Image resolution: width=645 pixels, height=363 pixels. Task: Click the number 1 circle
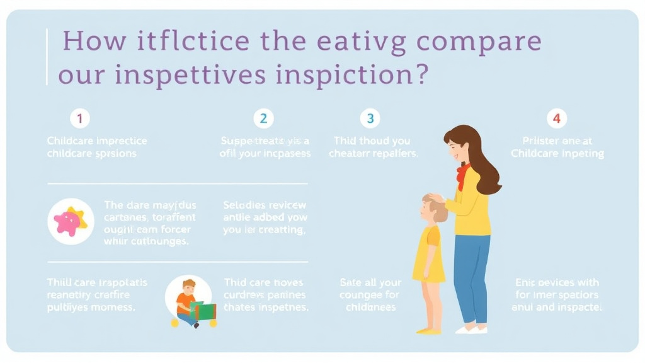(x=80, y=118)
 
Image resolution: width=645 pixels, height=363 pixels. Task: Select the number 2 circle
(x=263, y=118)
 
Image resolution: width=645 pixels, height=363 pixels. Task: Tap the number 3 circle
(x=370, y=118)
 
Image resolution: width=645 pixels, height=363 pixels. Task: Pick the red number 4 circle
(x=556, y=118)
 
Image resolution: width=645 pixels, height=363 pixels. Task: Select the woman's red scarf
(x=464, y=175)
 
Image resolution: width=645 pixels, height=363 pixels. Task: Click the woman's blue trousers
(x=472, y=277)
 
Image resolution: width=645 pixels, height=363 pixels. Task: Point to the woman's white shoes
(x=471, y=328)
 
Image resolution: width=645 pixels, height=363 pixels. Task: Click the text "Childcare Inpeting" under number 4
(x=557, y=153)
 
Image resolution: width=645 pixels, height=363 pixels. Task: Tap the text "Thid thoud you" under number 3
(x=371, y=141)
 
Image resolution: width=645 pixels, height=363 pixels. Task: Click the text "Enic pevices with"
(x=557, y=282)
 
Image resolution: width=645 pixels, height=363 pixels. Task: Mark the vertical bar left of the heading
(x=47, y=57)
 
